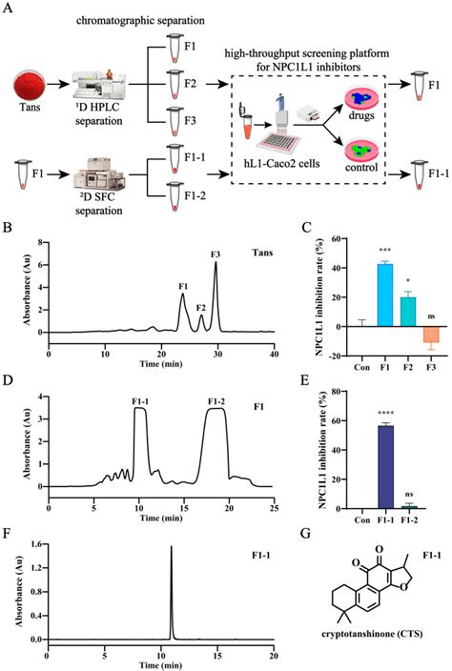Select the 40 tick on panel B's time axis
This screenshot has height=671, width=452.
(x=274, y=353)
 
